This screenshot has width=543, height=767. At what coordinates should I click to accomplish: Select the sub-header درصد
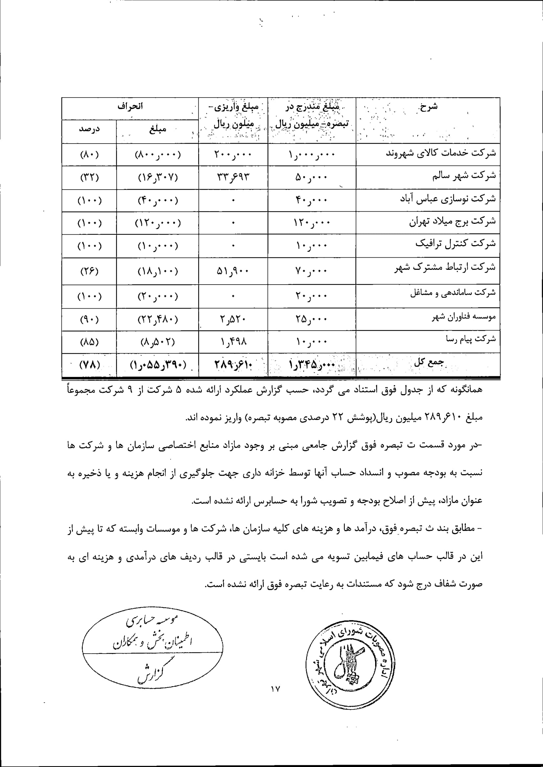tap(89, 129)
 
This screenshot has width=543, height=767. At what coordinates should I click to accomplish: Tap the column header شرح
tap(428, 107)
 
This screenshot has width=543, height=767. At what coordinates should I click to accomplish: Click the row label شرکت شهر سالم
tap(464, 175)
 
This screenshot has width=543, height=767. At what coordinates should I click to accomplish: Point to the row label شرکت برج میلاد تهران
tap(452, 221)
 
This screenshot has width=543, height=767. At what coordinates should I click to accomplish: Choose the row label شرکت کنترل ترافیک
tap(455, 244)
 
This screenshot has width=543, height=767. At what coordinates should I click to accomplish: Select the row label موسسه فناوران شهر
tap(464, 317)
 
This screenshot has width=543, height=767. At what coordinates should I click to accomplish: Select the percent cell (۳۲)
tap(89, 177)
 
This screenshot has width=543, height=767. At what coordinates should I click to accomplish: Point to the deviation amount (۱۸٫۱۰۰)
tap(158, 271)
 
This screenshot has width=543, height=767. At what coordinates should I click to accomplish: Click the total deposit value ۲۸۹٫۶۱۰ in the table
tap(233, 364)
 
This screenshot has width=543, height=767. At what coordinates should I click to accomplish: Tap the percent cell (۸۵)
tap(89, 342)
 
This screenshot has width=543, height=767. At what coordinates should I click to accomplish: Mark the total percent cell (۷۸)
tap(89, 364)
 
